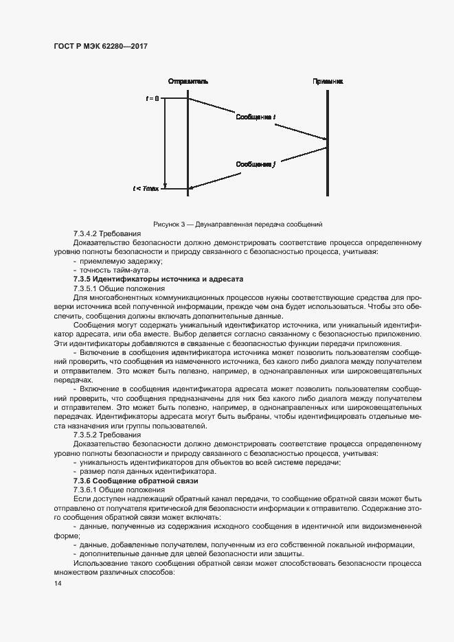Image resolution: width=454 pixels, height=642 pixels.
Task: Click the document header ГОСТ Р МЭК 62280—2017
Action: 101,46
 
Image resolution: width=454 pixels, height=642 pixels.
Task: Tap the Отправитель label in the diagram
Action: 188,81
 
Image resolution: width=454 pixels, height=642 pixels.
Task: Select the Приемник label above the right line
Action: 327,81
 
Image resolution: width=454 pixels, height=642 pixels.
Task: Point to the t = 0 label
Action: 152,98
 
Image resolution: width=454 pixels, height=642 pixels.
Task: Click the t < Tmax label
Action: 146,188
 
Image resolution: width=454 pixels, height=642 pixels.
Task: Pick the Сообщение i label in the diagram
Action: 256,117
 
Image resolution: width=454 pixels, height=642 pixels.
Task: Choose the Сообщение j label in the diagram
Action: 256,164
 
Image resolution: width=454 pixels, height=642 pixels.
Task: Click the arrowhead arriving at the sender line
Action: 192,187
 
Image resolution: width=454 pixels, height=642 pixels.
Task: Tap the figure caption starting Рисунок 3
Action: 237,224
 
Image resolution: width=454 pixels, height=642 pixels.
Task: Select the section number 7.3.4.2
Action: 86,234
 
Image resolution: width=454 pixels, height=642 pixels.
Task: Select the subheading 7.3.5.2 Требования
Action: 106,435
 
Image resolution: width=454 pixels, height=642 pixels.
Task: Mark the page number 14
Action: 57,584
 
